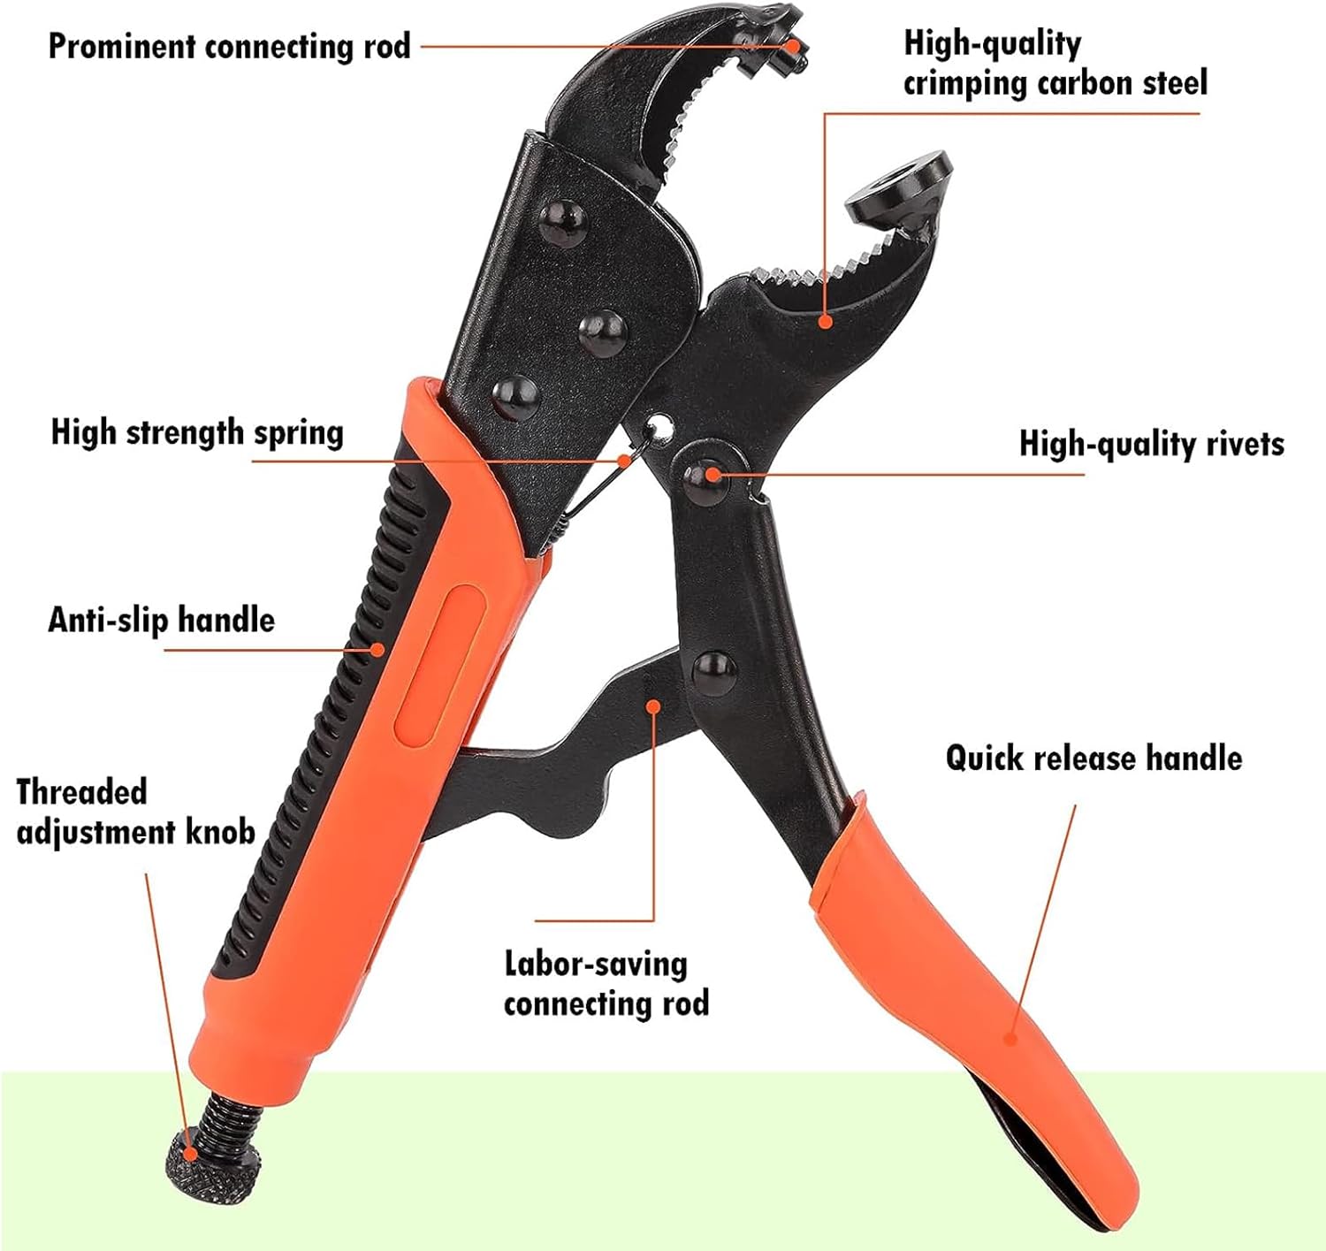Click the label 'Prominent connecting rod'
coord(229,46)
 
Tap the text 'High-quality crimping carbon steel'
coord(1055,63)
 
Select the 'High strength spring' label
coord(196,432)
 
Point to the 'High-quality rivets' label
coord(1151,443)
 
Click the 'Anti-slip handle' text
coord(161,620)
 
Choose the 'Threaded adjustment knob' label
coord(135,812)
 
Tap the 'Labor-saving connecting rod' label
coord(606,983)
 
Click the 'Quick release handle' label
coord(1094,758)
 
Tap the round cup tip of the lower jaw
coord(900,187)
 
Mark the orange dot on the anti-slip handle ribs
coord(378,650)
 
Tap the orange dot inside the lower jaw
coord(825,321)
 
